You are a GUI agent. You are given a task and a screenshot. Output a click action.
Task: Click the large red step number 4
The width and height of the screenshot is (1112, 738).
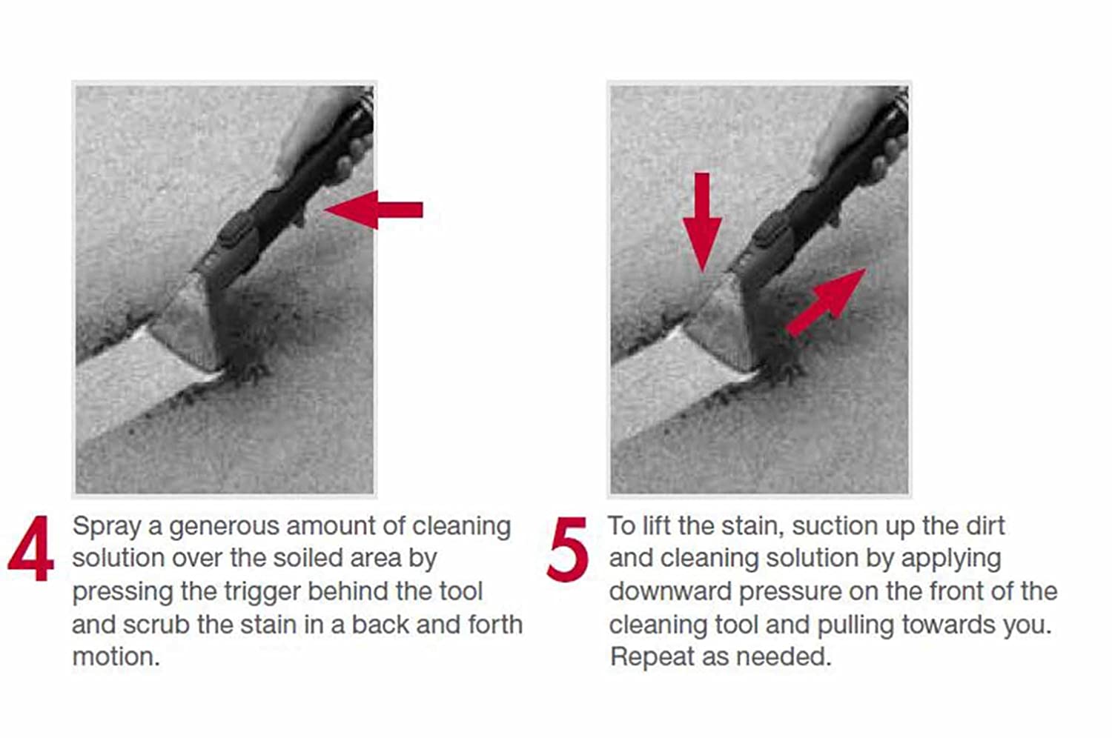click(x=31, y=548)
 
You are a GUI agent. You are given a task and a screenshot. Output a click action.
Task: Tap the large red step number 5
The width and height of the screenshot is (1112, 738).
click(x=567, y=549)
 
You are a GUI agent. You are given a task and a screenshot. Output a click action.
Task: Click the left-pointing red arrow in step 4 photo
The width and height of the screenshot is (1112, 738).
click(x=374, y=210)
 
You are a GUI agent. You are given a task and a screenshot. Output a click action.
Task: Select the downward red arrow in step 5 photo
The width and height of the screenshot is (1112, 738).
click(x=702, y=222)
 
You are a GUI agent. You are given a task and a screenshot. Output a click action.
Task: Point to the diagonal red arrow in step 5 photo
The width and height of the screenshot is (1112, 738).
click(x=826, y=302)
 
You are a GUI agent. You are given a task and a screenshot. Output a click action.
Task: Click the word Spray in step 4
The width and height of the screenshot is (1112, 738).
click(x=107, y=527)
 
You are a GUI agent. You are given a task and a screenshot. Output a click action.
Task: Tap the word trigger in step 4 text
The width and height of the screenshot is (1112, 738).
click(x=262, y=591)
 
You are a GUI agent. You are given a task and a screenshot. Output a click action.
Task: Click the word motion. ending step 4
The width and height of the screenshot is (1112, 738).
click(x=116, y=656)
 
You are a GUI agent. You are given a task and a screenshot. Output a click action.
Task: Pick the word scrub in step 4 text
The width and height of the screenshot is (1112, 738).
click(x=156, y=625)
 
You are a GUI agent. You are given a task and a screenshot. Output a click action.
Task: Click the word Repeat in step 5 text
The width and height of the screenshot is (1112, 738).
click(x=652, y=657)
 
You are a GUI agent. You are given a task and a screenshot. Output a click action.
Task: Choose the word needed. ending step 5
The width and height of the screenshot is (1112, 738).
click(x=783, y=656)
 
